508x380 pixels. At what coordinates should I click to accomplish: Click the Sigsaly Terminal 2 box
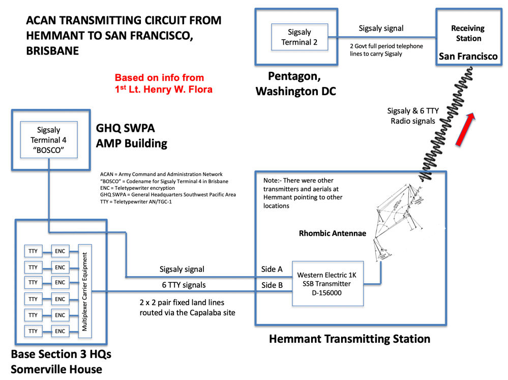[x=300, y=37]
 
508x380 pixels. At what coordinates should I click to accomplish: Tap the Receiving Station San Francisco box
[x=468, y=37]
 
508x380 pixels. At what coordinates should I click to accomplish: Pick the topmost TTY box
[x=33, y=251]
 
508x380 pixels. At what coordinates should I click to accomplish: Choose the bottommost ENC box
[x=60, y=331]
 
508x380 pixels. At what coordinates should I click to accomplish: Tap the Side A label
[x=272, y=269]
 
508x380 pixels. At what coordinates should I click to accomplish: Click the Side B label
[x=272, y=285]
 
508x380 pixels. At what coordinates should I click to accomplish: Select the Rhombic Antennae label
[x=324, y=234]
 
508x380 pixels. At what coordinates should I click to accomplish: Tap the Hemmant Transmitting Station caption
[x=349, y=339]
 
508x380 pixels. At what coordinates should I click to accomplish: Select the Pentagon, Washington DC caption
[x=295, y=84]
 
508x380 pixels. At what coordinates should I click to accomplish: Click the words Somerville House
[x=56, y=368]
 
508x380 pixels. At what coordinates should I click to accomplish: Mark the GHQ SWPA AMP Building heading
[x=132, y=135]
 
